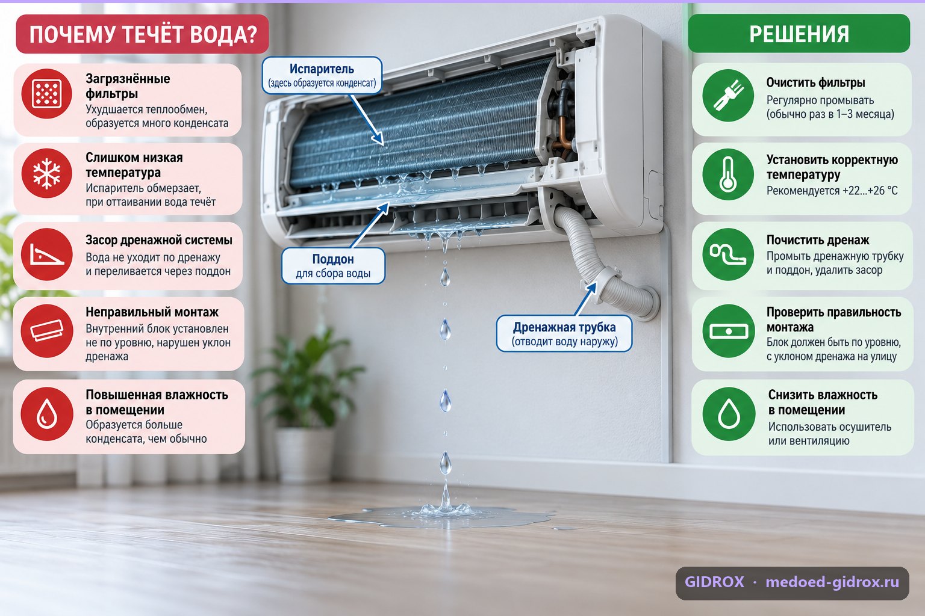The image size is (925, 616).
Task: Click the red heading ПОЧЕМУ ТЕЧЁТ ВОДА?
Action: pos(143,34)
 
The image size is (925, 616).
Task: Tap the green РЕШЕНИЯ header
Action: pos(799,34)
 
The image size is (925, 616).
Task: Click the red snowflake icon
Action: pos(46,173)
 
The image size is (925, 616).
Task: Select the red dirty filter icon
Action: pos(46,94)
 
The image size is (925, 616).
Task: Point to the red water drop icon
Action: pos(46,413)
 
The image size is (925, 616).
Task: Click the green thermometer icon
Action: pos(728,174)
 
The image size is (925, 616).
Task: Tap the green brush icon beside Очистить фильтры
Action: pos(728,95)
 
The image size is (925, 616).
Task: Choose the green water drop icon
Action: pos(729,414)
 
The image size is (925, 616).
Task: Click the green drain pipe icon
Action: pos(728,254)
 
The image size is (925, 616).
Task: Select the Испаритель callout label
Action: pos(322,75)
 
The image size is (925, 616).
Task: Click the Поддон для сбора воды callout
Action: pos(333,266)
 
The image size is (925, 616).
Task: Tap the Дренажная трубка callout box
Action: pos(564,333)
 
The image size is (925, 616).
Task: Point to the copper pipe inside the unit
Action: pos(562,136)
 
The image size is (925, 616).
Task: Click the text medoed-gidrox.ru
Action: pos(832,582)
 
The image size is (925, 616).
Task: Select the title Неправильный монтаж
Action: pos(152,312)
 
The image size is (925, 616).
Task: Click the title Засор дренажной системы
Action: pos(159,240)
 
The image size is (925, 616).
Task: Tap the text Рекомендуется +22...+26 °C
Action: pos(832,191)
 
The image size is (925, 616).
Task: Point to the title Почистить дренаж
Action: pos(818,240)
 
